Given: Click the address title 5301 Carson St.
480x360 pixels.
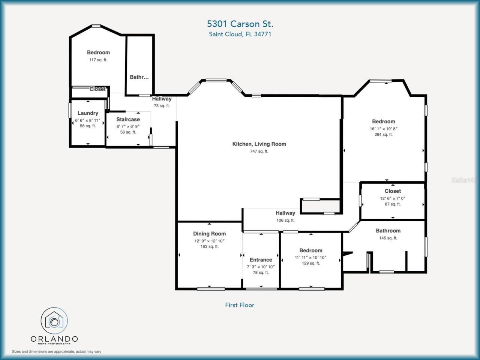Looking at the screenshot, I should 240,24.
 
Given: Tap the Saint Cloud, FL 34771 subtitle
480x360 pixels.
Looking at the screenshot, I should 240,34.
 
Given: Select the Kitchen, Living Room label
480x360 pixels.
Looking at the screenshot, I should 259,144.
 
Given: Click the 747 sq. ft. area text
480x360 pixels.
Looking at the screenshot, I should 259,151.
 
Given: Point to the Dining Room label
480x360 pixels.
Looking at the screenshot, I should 209,234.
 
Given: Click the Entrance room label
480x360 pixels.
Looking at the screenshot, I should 261,260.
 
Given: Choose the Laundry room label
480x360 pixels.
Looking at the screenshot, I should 88,113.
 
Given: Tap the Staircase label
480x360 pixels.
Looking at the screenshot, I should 128,120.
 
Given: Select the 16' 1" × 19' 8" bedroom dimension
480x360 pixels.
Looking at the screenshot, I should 383,129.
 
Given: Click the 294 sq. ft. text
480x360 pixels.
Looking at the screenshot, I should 383,135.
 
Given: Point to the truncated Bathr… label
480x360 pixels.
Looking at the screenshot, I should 139,77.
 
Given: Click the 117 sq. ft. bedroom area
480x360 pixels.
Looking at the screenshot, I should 98,60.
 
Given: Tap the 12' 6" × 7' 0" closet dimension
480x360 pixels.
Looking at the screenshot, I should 393,198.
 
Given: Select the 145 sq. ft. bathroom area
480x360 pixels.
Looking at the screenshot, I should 388,238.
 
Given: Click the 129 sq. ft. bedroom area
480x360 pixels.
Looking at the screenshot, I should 311,263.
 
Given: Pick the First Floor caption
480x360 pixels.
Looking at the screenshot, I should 240,305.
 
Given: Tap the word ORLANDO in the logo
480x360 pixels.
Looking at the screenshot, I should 54,339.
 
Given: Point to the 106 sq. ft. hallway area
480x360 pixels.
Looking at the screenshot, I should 285,220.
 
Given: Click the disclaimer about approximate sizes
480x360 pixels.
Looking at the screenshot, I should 57,352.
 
